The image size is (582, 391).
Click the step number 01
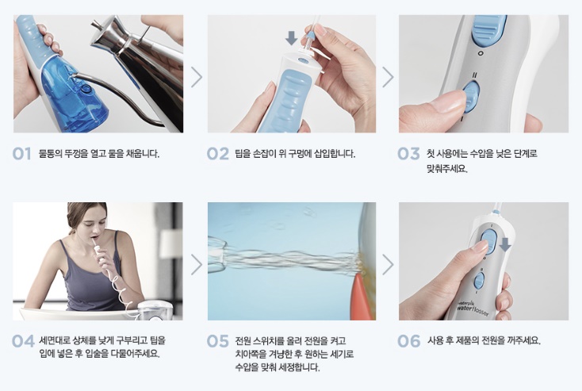[21, 153]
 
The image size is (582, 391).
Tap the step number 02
[218, 153]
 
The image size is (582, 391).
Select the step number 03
[408, 153]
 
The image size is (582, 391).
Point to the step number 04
[23, 341]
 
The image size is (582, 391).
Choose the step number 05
[218, 341]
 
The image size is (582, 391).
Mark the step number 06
[408, 341]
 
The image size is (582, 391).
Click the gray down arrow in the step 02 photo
[291, 38]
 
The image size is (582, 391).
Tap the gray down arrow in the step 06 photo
[505, 244]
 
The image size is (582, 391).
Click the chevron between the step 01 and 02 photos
[197, 77]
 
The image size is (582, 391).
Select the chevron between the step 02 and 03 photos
[388, 77]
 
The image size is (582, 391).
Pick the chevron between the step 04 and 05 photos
[197, 265]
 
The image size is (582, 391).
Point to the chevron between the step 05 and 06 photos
[388, 265]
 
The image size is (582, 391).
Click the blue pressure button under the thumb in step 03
[471, 96]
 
